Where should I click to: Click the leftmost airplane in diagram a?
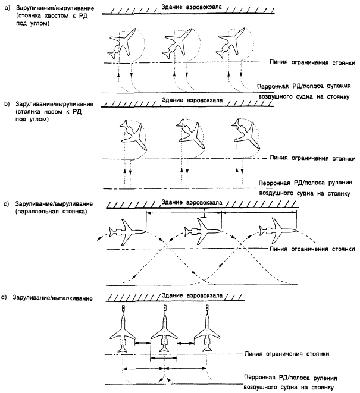tap(122, 43)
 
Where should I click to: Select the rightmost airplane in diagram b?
tap(245, 134)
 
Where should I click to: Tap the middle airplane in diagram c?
tap(203, 231)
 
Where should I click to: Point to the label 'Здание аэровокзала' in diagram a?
tap(192, 7)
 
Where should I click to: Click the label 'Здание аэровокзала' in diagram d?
tap(192, 295)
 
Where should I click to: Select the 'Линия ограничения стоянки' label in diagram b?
tap(312, 158)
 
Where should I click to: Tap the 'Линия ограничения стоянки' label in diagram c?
tap(312, 249)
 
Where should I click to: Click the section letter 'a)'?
tap(7, 8)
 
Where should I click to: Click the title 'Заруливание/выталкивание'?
tap(53, 298)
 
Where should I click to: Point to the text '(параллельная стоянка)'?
tap(51, 212)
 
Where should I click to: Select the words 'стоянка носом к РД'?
tap(50, 112)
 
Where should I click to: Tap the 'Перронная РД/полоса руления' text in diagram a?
tap(304, 86)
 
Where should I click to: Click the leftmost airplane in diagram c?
tap(127, 231)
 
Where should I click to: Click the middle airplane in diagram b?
tap(190, 134)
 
